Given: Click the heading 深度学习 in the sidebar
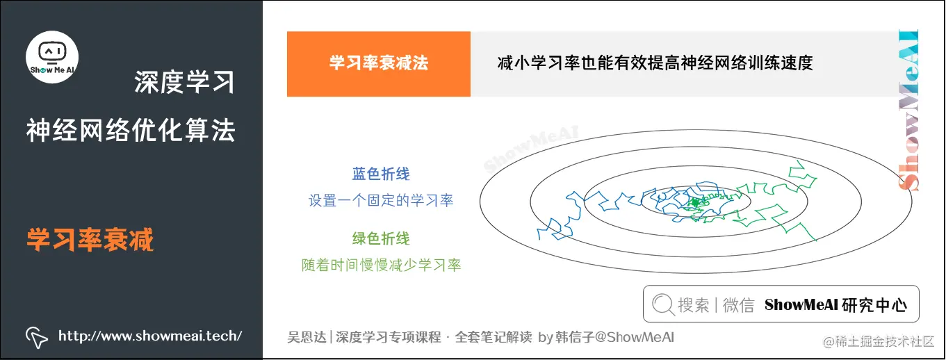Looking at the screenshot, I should point(184,83).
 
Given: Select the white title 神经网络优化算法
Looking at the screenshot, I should point(131,130).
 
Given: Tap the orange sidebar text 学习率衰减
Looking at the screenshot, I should point(90,240).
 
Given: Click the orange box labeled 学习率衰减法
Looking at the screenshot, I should point(379,64).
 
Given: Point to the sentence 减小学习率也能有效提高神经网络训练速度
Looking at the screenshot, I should point(655,64).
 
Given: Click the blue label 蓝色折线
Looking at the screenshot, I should point(381,174).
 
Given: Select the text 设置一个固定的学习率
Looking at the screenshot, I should point(381,201).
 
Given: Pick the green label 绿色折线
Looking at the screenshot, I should point(381,238).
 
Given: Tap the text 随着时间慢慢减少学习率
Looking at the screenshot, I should point(381,265).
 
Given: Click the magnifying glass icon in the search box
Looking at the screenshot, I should point(663,304).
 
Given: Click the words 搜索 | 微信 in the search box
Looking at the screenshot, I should point(716,305).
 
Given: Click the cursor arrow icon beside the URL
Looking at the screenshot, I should point(36,336).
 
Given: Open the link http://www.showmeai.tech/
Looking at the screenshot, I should point(150,336).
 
